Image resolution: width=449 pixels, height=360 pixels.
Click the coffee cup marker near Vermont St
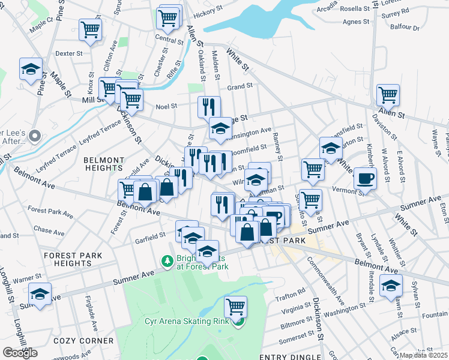click(365, 178)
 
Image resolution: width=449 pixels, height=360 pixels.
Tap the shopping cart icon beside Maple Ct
click(90, 29)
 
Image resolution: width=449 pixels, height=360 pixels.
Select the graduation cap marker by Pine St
click(30, 69)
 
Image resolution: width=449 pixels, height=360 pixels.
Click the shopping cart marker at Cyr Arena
click(235, 307)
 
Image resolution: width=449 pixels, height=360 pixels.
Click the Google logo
click(20, 353)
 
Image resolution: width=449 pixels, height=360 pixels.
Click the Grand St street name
click(240, 87)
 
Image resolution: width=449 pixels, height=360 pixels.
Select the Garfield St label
click(150, 236)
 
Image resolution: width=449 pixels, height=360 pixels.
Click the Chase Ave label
click(45, 229)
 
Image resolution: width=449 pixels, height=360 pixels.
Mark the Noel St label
click(166, 106)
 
